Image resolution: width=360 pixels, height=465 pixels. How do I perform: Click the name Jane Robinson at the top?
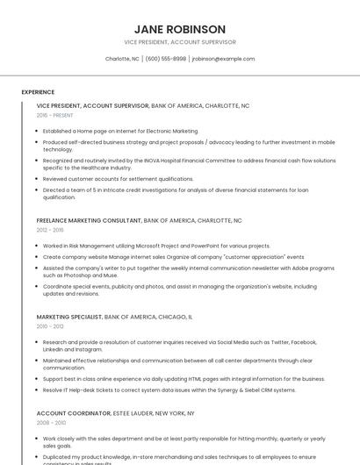click(x=179, y=29)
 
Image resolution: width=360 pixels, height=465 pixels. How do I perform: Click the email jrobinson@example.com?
click(x=223, y=59)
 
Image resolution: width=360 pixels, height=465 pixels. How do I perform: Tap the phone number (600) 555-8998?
click(x=166, y=59)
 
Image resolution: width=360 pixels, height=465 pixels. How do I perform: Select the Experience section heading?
click(x=38, y=92)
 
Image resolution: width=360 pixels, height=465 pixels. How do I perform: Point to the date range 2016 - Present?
click(x=55, y=115)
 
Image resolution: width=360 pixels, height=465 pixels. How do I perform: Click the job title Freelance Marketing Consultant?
click(x=89, y=220)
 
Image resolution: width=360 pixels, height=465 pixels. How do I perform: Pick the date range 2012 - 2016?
click(x=50, y=230)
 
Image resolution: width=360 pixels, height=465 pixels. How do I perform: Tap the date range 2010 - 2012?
click(x=50, y=325)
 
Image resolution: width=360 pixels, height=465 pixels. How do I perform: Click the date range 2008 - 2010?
click(x=50, y=422)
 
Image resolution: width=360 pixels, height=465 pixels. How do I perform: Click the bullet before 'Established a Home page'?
click(x=38, y=131)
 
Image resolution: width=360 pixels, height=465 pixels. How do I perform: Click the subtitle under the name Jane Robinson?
click(x=179, y=42)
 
